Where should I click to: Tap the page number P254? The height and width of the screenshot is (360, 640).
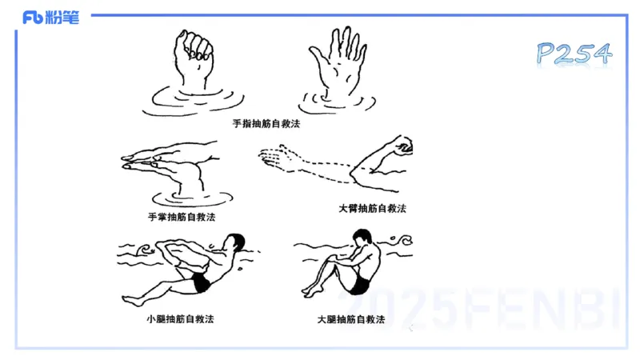pos(574,54)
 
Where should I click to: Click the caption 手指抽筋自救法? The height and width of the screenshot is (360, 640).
pos(266,124)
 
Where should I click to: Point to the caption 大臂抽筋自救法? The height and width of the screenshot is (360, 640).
pos(372,208)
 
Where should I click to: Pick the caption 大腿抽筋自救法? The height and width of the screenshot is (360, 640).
pos(351,318)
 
